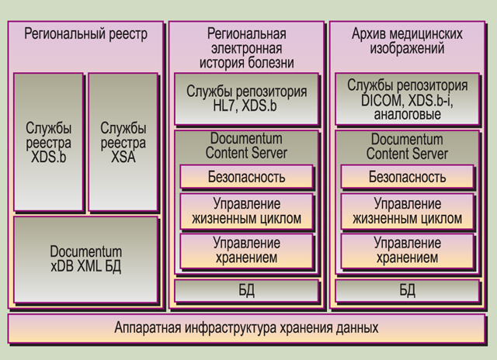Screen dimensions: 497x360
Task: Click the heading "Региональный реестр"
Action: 86,34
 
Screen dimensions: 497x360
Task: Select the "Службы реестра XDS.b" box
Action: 48,142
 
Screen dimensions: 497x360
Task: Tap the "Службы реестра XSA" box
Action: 123,142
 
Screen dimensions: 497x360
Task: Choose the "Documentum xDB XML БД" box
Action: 86,260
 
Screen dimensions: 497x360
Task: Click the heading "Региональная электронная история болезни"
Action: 247,48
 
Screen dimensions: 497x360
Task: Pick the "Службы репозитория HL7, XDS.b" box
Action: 247,99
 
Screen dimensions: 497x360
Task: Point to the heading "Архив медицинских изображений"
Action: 407,41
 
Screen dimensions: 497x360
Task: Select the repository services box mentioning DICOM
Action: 407,99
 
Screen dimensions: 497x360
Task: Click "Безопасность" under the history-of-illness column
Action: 247,177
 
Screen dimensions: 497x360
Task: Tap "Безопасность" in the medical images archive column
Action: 407,177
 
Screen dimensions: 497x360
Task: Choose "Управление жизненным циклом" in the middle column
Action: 247,212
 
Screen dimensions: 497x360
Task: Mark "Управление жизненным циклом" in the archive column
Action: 407,212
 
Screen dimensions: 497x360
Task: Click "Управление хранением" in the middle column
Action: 247,251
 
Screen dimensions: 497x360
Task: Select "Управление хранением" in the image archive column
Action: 407,251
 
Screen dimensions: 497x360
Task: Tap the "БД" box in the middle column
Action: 247,290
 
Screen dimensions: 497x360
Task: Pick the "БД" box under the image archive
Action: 407,290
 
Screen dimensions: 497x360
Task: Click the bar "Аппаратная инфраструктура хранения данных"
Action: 247,328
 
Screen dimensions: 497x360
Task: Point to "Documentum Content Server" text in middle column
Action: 247,146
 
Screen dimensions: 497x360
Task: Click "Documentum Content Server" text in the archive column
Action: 407,147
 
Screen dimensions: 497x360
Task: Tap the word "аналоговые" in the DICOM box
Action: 407,115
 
